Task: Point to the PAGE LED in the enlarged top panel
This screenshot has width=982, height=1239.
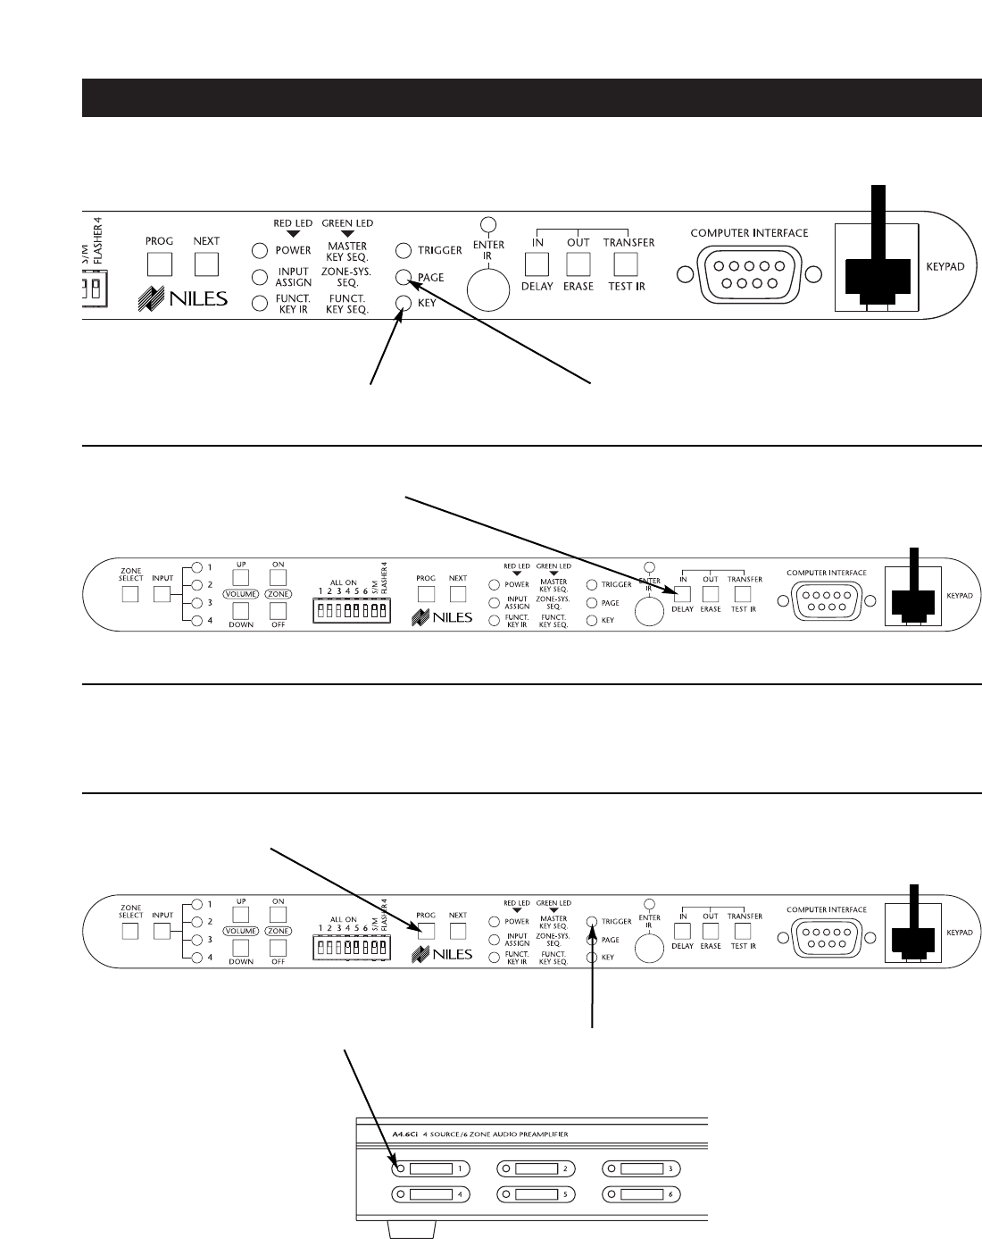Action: tap(404, 277)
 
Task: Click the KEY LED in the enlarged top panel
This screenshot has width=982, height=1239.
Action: tap(404, 303)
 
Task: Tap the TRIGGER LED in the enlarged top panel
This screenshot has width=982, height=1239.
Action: tap(404, 251)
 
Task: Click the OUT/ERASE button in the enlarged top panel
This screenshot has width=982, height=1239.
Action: tap(578, 264)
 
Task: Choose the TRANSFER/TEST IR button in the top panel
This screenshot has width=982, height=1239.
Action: tap(627, 264)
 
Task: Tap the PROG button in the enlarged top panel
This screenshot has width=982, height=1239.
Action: tap(159, 264)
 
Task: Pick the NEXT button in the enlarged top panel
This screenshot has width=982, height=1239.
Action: tap(206, 264)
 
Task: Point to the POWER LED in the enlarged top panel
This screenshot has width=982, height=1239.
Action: tap(259, 251)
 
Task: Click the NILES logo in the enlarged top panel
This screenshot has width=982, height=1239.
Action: tap(183, 299)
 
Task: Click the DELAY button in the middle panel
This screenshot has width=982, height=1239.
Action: tap(683, 593)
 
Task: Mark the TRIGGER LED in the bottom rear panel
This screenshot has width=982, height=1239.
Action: tap(592, 921)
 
